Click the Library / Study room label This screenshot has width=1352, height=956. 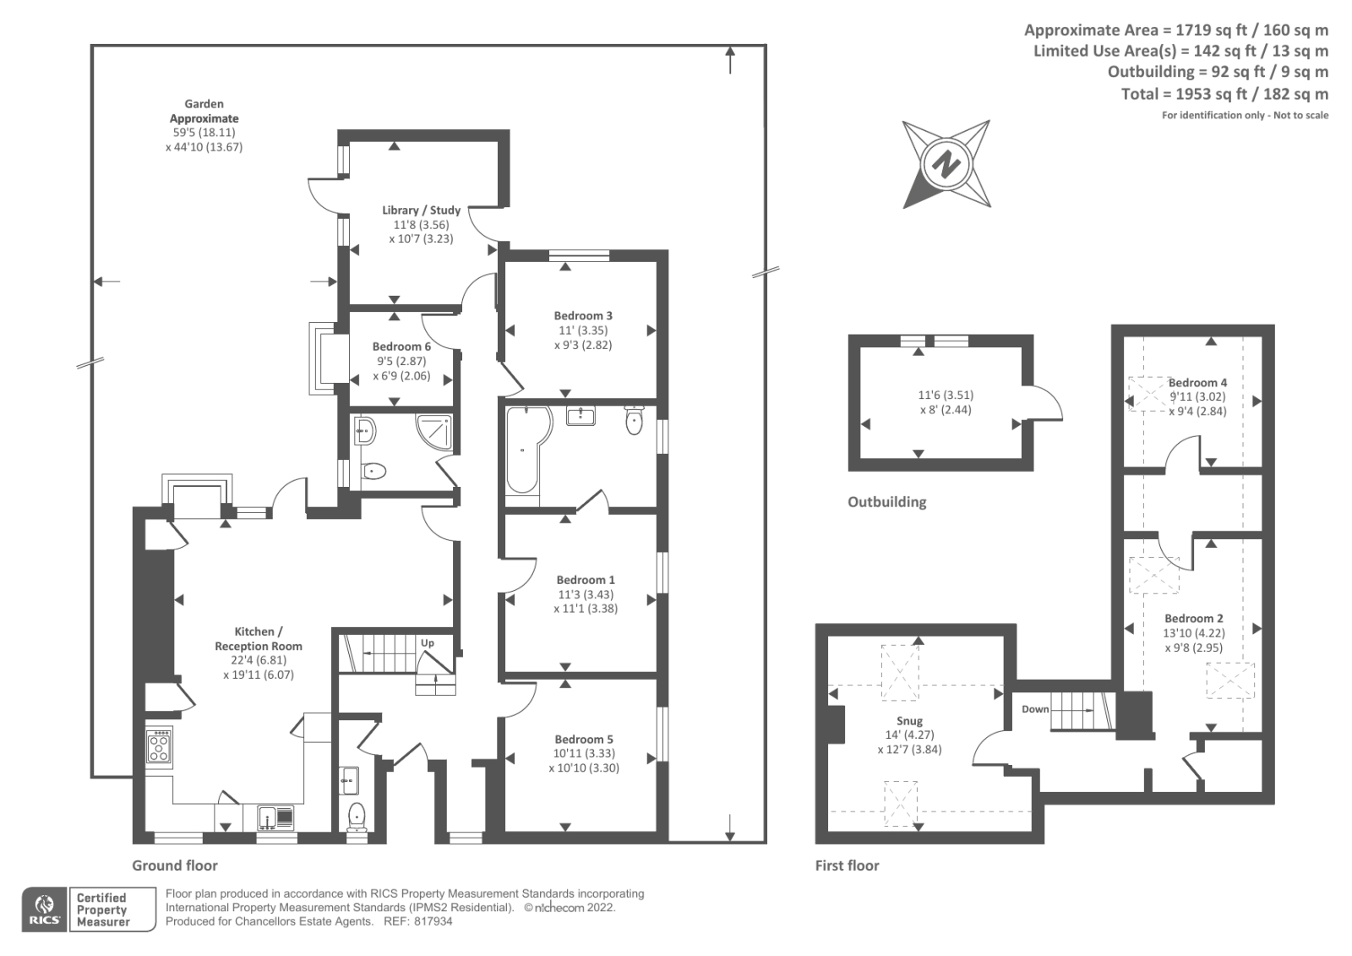click(x=421, y=210)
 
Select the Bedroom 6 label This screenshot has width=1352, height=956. click(x=401, y=347)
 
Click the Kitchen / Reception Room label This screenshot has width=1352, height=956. click(x=258, y=639)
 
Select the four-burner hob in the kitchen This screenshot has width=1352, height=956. click(x=159, y=746)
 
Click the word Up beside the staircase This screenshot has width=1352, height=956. click(x=428, y=643)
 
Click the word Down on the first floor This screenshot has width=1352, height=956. click(x=1035, y=709)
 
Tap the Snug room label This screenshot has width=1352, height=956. click(x=909, y=721)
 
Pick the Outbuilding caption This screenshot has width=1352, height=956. click(x=886, y=502)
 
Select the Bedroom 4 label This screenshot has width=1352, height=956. click(x=1197, y=382)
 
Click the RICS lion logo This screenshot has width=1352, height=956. click(x=43, y=905)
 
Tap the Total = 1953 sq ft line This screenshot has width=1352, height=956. click(x=1224, y=94)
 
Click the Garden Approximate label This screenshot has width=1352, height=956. click(x=204, y=111)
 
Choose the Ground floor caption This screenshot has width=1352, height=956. click(x=174, y=866)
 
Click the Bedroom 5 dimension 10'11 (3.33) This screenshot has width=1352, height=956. click(x=584, y=753)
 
